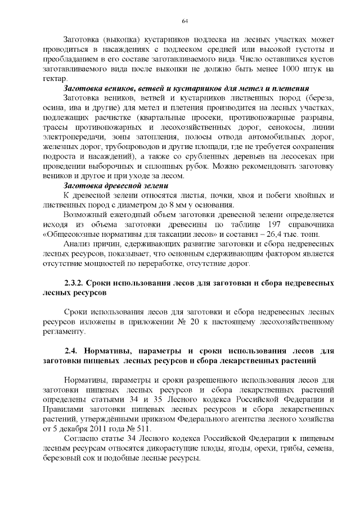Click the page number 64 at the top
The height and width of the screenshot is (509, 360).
[184, 21]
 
